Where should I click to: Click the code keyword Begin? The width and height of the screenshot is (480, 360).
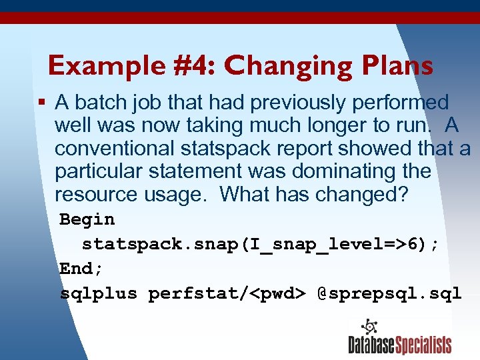(87, 219)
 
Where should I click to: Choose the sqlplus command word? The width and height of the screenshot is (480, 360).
(99, 293)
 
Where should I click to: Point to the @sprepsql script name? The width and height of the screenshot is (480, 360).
(389, 293)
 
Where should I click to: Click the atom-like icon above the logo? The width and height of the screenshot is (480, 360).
(369, 327)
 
